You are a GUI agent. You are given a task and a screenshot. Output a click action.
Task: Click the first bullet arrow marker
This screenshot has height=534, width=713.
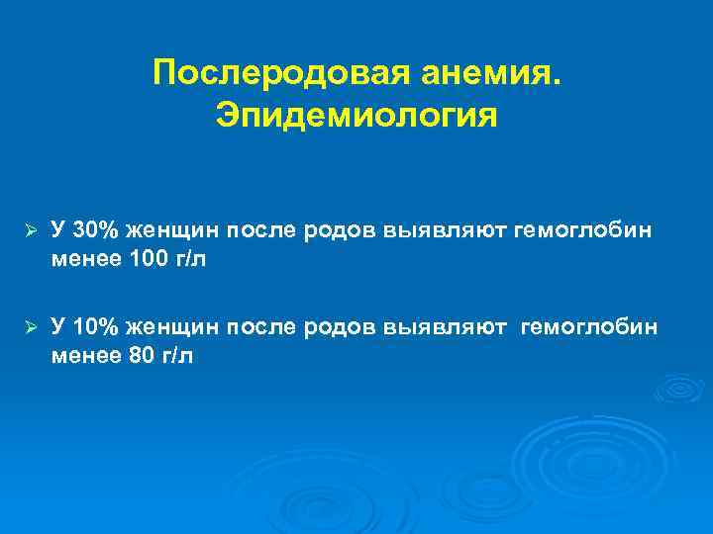point(31,230)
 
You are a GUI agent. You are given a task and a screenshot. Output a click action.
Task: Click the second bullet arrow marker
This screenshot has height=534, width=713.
point(31,326)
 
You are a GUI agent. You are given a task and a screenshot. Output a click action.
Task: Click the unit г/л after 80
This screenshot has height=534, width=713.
point(176,356)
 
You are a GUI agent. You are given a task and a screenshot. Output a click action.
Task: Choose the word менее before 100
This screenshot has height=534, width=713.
point(86,260)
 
